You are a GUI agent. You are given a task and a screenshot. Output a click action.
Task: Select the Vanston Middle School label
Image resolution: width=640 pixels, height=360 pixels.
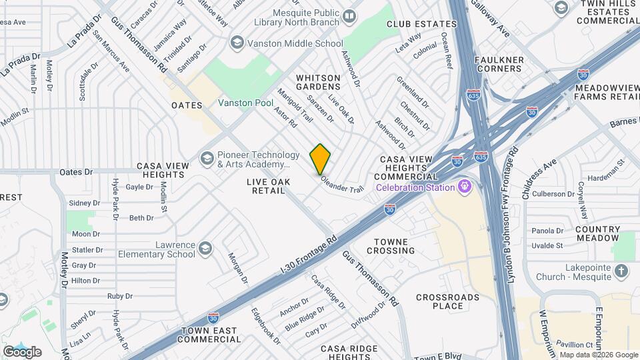click(287, 43)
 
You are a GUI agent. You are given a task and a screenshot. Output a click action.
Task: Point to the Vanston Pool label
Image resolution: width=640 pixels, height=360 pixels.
click(245, 103)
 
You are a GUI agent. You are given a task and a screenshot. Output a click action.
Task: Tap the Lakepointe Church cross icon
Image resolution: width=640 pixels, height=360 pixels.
click(621, 270)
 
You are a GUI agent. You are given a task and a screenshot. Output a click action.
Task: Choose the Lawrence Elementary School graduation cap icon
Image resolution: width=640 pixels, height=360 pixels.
click(205, 249)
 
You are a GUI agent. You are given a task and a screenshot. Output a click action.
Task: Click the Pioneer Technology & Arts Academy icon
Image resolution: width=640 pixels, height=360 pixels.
click(207, 159)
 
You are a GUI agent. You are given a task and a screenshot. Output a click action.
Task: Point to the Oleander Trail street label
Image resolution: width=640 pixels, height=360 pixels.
click(342, 184)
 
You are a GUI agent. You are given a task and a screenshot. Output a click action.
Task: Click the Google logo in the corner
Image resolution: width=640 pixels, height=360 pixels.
click(22, 351)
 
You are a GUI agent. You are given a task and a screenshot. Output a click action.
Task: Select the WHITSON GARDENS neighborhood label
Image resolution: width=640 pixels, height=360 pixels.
click(318, 83)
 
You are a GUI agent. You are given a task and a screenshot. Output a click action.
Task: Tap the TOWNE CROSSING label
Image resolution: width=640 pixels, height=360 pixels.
click(385, 246)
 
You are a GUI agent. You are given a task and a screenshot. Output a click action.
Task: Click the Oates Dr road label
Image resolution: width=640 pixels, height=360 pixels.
click(76, 172)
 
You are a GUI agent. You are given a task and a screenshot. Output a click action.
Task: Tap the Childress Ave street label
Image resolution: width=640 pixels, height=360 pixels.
click(539, 180)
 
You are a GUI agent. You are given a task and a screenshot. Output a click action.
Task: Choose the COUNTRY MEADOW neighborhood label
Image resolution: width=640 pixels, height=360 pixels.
click(597, 233)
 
